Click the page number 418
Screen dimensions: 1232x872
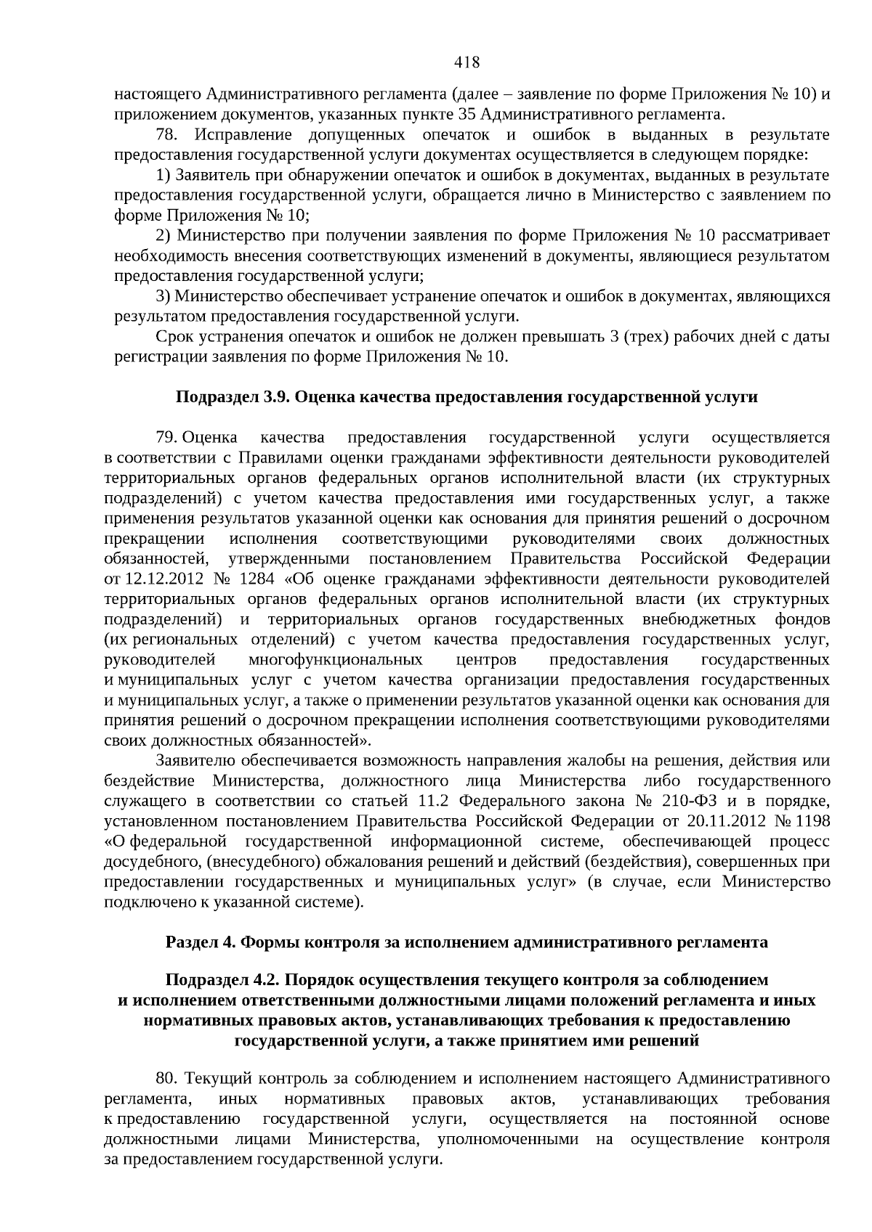tap(467, 63)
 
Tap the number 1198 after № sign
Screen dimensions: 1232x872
tap(813, 821)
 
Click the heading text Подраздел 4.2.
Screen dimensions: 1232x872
tap(223, 980)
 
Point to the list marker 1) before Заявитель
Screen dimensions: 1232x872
tap(163, 176)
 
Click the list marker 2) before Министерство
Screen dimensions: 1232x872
tap(163, 236)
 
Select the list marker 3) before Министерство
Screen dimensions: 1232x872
tap(163, 296)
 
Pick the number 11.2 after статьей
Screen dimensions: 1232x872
tap(438, 801)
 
